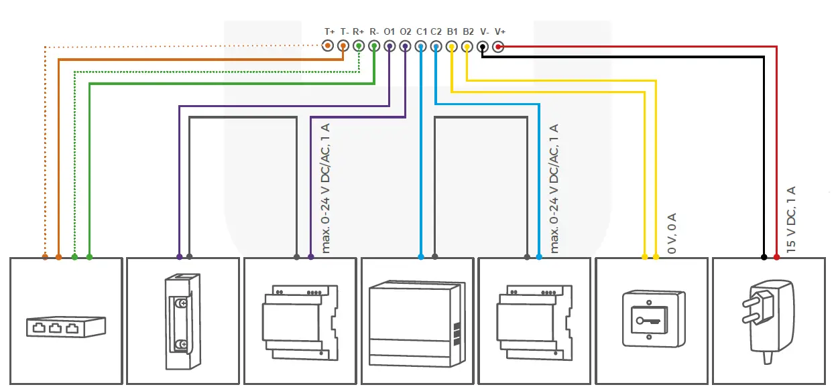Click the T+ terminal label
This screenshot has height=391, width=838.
click(x=329, y=31)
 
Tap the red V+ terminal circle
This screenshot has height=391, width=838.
click(x=498, y=46)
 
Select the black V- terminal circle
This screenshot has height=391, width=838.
click(x=483, y=46)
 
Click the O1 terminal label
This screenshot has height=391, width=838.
click(x=390, y=31)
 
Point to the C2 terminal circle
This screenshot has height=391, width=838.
click(x=436, y=46)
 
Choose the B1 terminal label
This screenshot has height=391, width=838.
click(x=453, y=31)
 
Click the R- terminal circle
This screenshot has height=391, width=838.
click(x=374, y=46)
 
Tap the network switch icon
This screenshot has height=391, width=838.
click(x=66, y=326)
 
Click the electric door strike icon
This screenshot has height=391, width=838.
click(x=182, y=321)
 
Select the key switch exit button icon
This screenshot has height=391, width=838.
click(x=650, y=318)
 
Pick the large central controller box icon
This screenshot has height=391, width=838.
click(x=416, y=324)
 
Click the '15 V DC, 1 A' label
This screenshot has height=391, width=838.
click(x=791, y=219)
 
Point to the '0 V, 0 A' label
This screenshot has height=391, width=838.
click(x=672, y=233)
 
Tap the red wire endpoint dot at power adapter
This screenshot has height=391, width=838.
click(x=777, y=257)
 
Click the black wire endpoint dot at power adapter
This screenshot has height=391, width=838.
click(x=764, y=257)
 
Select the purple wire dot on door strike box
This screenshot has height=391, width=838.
click(x=179, y=257)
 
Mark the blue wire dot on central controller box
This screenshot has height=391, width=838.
click(x=421, y=257)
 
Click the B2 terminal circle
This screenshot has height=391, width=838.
click(x=467, y=46)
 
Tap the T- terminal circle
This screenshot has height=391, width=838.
click(x=343, y=46)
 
